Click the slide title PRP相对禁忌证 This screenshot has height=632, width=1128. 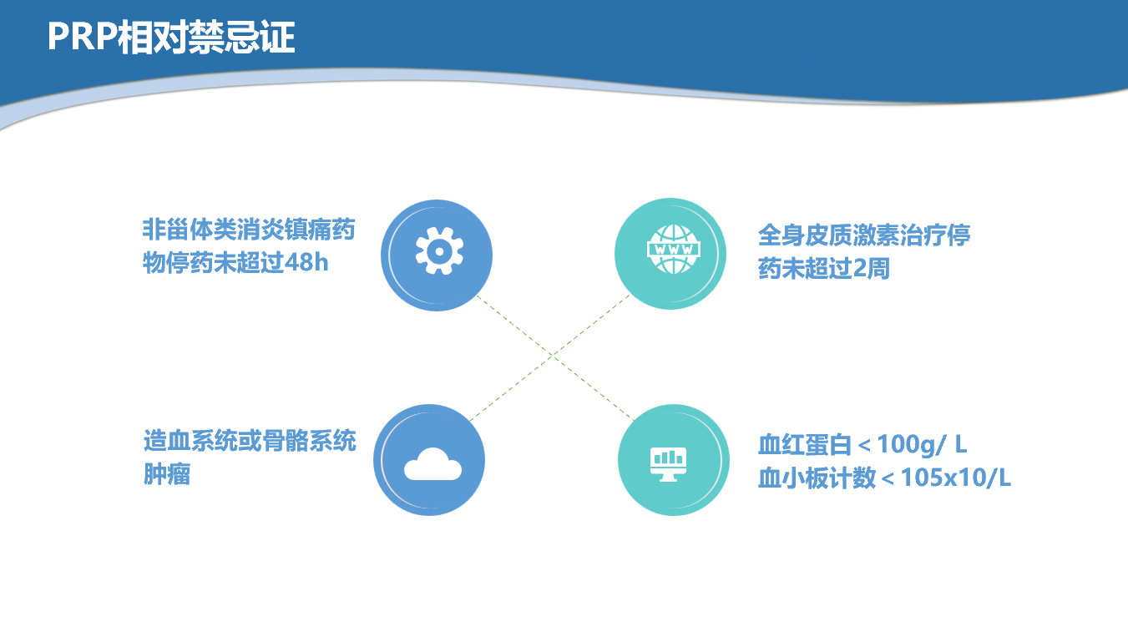tap(171, 38)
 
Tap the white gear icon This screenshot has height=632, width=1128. tap(439, 250)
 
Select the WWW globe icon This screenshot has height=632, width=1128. tap(673, 249)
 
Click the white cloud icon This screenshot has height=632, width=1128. tap(432, 464)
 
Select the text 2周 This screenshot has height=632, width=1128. tap(872, 268)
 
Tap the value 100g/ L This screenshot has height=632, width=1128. tap(922, 445)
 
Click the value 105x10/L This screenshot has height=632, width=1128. tap(955, 478)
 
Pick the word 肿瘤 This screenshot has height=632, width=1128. tap(167, 474)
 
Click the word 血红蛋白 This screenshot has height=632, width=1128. tap(805, 445)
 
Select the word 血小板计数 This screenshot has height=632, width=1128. tap(817, 478)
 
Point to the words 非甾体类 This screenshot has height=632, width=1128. tap(189, 230)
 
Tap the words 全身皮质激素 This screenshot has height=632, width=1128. tap(828, 235)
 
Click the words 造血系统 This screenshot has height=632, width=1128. tap(190, 441)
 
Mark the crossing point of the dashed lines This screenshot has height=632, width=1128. tap(553, 356)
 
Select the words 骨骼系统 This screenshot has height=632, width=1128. tap(309, 441)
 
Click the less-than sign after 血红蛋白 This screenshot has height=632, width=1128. tap(864, 446)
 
